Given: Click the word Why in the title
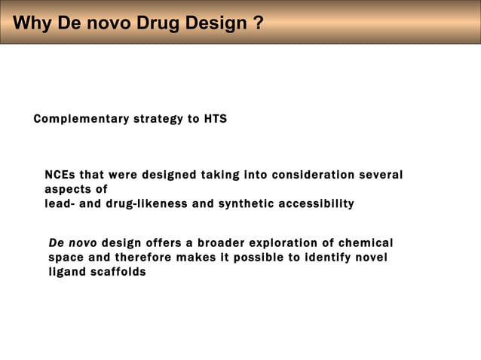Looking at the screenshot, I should [31, 23].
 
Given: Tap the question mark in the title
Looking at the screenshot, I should [259, 23].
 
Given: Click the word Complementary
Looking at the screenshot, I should [81, 119].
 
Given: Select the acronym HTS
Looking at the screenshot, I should [215, 119].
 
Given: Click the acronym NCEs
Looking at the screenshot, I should [60, 175].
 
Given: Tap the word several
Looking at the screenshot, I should [381, 175].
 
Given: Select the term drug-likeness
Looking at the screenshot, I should [149, 203].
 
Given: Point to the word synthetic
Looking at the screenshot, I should [245, 203].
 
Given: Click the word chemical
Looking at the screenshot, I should [366, 243].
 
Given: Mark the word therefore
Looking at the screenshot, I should [148, 258].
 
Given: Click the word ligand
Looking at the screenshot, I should [66, 272].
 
